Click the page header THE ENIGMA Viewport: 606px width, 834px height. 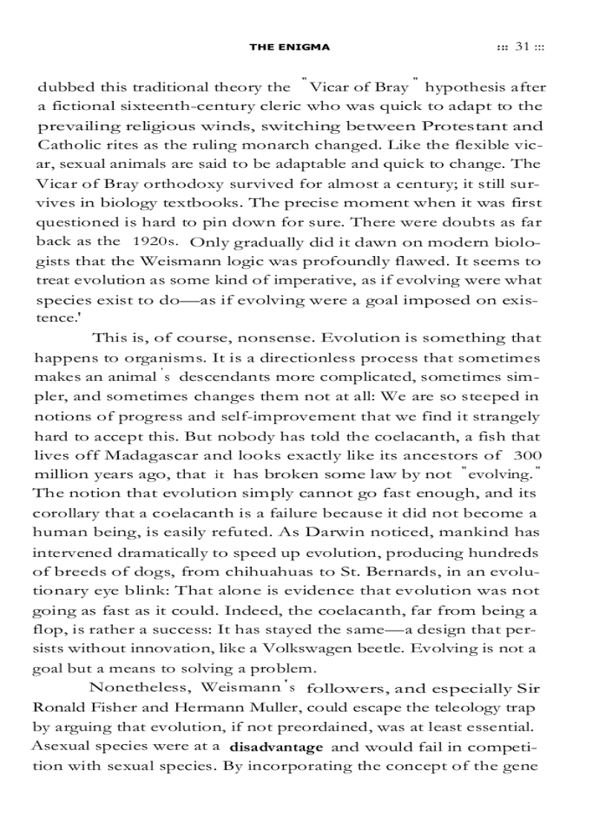[x=289, y=47]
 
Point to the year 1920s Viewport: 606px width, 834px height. [x=156, y=241]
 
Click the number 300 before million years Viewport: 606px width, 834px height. [x=527, y=455]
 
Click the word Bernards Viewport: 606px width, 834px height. [x=353, y=571]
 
